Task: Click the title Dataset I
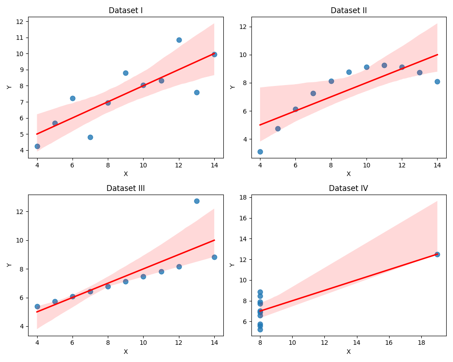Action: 125,10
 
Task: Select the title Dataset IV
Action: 348,188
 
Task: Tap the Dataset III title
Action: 125,188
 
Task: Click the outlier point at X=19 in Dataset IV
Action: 437,254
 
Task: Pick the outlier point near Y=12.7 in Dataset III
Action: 197,201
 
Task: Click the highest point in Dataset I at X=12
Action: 179,40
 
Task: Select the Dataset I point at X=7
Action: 90,137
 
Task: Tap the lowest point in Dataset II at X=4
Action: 260,152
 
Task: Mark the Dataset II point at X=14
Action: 437,81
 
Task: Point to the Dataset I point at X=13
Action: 197,92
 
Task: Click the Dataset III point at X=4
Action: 37,306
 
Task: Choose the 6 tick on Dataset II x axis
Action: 295,166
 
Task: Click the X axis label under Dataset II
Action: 348,174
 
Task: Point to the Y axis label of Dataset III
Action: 10,265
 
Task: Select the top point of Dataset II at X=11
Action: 384,65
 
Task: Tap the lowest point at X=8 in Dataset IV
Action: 260,329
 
